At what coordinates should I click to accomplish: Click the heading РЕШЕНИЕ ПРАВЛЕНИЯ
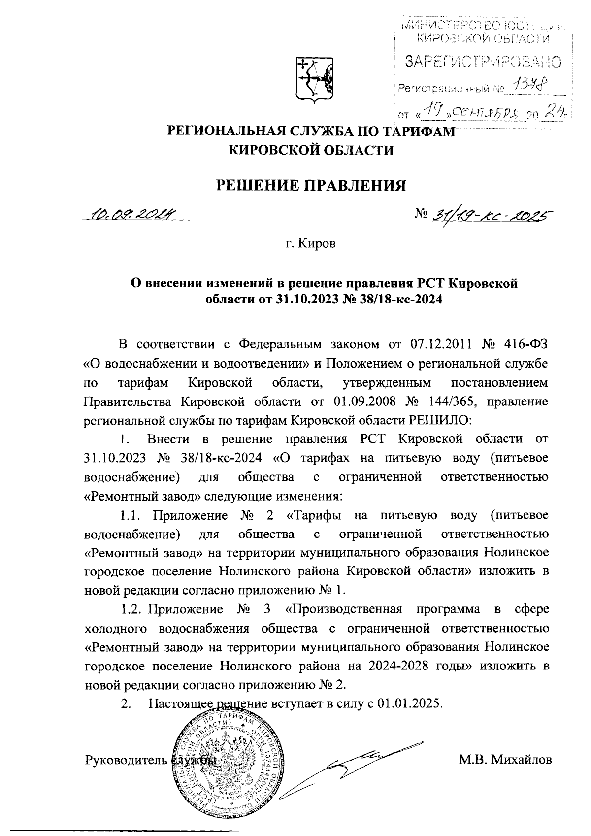(312, 185)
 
